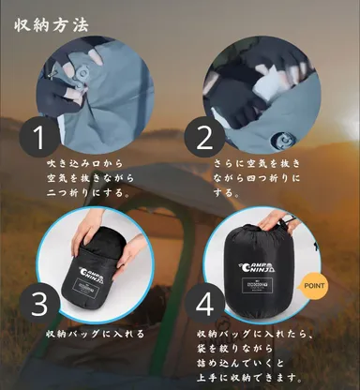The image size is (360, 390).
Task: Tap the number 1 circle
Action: click(38, 138)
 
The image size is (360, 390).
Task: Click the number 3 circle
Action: click(38, 305)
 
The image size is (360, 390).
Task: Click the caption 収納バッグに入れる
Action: click(93, 333)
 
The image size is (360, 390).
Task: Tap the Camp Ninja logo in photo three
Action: click(95, 273)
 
